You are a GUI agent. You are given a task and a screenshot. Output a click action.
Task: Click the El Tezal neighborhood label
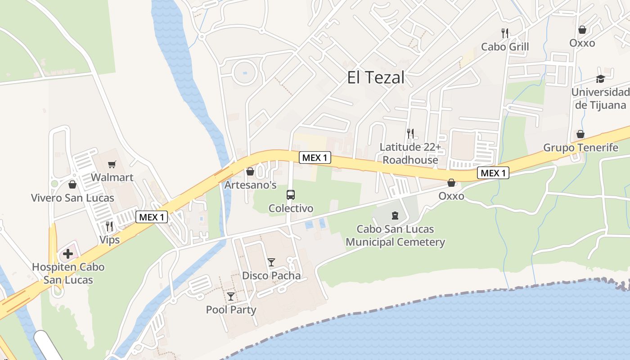(x=375, y=78)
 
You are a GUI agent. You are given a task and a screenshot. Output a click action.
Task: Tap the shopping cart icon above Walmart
(x=112, y=165)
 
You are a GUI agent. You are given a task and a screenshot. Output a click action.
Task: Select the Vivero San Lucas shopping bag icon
(x=72, y=184)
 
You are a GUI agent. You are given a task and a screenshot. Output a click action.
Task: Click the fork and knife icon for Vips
(x=109, y=226)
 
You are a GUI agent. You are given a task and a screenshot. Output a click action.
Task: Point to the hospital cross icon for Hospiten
(x=68, y=254)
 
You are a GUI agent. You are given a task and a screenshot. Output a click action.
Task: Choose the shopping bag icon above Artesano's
(x=250, y=171)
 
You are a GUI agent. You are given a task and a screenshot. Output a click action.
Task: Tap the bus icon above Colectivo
(x=291, y=195)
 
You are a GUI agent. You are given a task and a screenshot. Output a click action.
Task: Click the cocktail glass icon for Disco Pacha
(x=271, y=262)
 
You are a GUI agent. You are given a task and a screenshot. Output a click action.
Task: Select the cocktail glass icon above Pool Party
(x=231, y=296)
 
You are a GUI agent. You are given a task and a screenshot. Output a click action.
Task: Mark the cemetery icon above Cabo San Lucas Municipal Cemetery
(x=395, y=216)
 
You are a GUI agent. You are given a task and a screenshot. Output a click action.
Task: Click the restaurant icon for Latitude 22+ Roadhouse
(x=410, y=134)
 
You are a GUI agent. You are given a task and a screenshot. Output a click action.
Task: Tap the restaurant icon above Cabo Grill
(x=505, y=33)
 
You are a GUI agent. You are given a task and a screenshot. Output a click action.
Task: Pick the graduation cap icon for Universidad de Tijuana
(x=600, y=79)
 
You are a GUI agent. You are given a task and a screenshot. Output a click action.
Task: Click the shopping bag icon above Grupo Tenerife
(x=580, y=134)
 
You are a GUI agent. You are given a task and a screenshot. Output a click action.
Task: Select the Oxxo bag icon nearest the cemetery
(x=451, y=183)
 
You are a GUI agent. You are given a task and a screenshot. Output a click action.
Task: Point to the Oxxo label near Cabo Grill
(x=582, y=43)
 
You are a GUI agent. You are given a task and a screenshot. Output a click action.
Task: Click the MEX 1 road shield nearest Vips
(x=152, y=217)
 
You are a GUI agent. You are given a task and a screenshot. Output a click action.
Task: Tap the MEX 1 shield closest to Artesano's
(x=315, y=157)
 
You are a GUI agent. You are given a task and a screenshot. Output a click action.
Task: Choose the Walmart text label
(x=112, y=177)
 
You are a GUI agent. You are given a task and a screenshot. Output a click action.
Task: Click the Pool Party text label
(x=231, y=310)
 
